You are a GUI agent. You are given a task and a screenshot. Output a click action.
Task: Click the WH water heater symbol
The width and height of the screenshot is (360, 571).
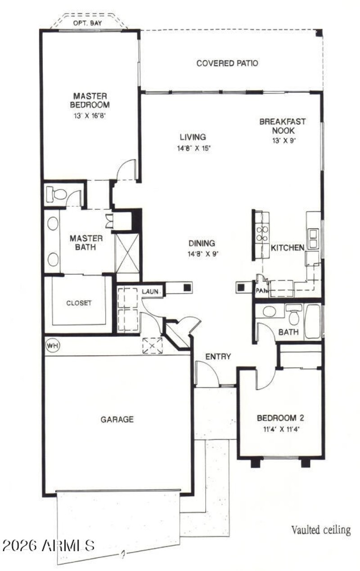click(x=52, y=345)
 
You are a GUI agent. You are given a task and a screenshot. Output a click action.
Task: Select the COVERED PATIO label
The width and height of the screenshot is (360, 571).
click(x=227, y=63)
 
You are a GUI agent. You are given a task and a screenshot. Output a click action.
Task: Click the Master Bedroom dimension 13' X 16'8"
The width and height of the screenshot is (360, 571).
click(x=90, y=115)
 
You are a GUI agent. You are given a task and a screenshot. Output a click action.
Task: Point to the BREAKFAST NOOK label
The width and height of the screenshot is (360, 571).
click(x=283, y=126)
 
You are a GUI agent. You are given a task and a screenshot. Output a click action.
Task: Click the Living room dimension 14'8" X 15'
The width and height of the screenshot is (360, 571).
click(x=194, y=148)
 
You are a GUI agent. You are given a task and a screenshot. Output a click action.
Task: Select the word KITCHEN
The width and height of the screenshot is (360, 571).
click(x=288, y=247)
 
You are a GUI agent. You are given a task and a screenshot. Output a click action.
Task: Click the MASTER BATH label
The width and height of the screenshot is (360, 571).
click(x=86, y=242)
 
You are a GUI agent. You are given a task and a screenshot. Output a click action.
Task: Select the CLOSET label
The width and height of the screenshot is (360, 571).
click(x=79, y=303)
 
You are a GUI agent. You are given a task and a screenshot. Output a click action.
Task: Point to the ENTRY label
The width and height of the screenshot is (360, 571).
click(x=218, y=357)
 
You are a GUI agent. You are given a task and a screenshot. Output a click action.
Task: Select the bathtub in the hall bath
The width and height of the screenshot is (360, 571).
click(x=312, y=322)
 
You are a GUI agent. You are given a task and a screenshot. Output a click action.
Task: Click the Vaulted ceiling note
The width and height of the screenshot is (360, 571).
click(x=320, y=530)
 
